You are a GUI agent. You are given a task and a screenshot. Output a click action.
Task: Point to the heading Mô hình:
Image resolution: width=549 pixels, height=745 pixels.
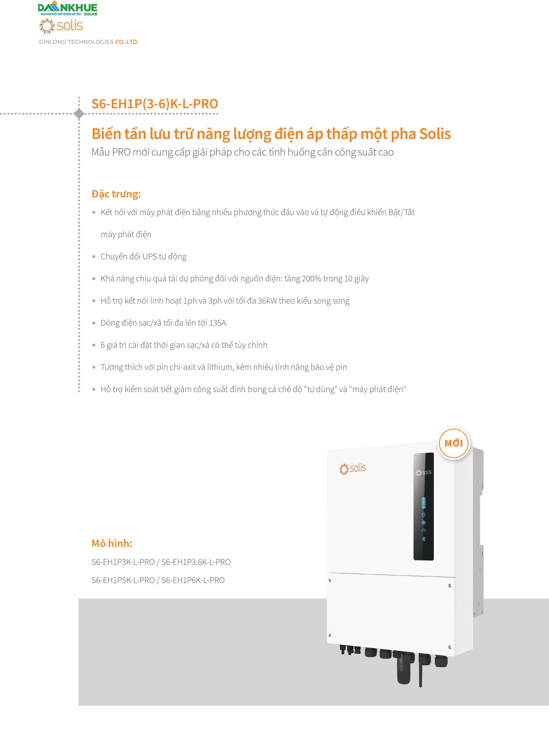click(112, 543)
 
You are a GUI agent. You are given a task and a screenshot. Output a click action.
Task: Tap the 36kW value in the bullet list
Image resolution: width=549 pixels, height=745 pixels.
click(267, 301)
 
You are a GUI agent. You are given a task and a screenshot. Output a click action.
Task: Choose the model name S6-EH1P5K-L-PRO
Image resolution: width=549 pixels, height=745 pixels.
click(123, 580)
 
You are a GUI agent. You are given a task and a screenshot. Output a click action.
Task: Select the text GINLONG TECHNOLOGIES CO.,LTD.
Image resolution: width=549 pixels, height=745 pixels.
click(88, 42)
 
